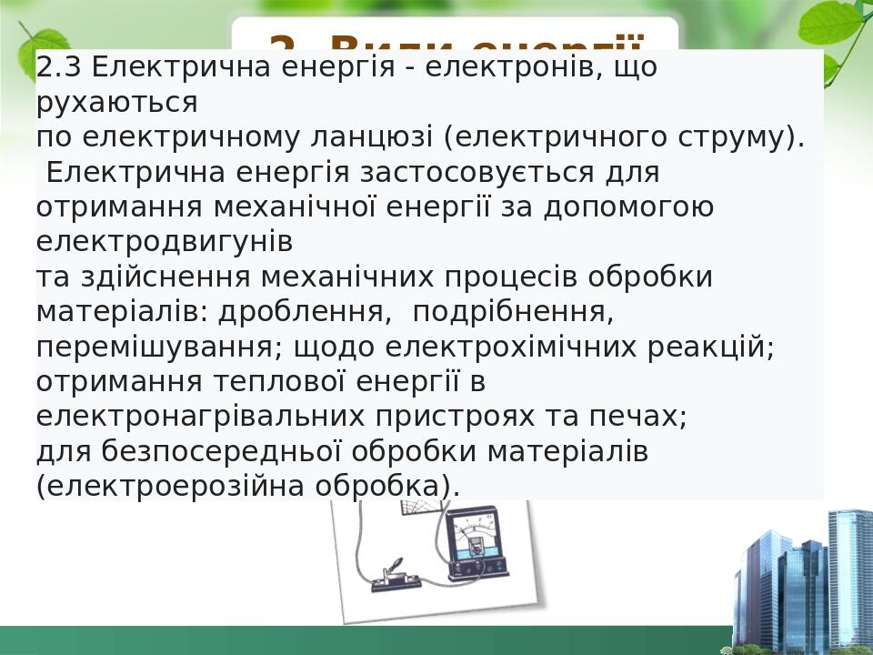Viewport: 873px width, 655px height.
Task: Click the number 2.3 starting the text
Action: (60, 66)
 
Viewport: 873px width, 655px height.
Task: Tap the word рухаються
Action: (116, 102)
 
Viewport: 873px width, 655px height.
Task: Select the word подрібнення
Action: (513, 312)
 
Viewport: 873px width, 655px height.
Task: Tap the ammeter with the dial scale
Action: (474, 543)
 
